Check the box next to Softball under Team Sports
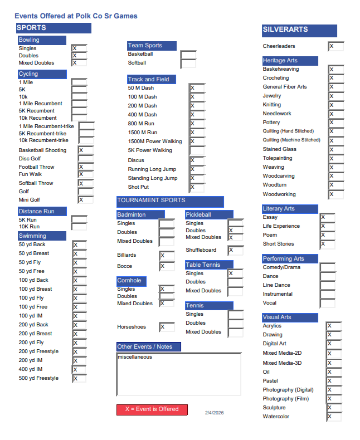188,63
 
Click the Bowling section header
42,40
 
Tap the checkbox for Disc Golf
85,159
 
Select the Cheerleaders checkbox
335,46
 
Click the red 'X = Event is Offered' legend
152,409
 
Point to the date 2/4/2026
214,413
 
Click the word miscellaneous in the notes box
134,357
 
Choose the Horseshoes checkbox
167,327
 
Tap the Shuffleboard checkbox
235,251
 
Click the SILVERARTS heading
299,30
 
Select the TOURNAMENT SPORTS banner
170,201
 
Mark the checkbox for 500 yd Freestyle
80,379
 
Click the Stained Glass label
280,149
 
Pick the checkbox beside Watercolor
334,417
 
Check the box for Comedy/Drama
328,267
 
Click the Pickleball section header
209,214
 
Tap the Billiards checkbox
167,256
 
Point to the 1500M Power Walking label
155,141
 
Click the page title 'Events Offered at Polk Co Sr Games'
76,16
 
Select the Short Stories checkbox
327,244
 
